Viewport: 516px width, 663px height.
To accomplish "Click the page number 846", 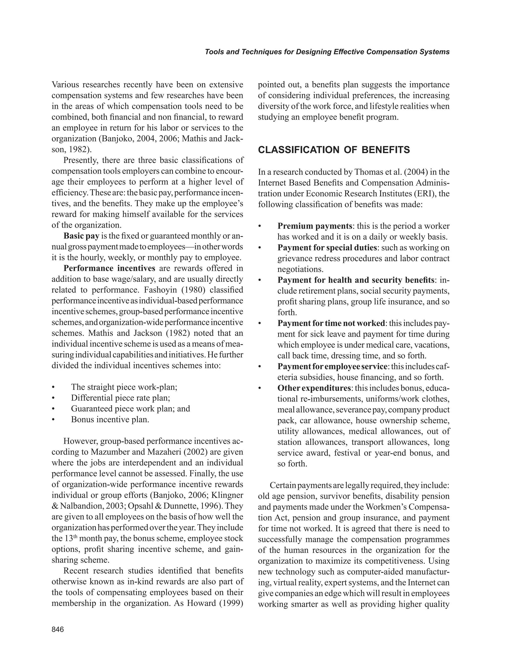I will click(x=58, y=629).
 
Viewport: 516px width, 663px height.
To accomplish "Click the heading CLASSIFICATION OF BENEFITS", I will click(x=334, y=150).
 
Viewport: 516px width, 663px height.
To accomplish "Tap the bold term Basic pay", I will click(x=81, y=236).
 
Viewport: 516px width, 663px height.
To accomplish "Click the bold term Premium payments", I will click(x=315, y=226).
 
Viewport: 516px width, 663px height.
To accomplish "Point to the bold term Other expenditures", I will click(x=314, y=388).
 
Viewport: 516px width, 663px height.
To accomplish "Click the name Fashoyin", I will click(x=161, y=290).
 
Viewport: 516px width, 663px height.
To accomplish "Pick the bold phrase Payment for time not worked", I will click(x=331, y=323).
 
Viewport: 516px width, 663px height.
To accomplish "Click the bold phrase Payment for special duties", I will click(x=327, y=248).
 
